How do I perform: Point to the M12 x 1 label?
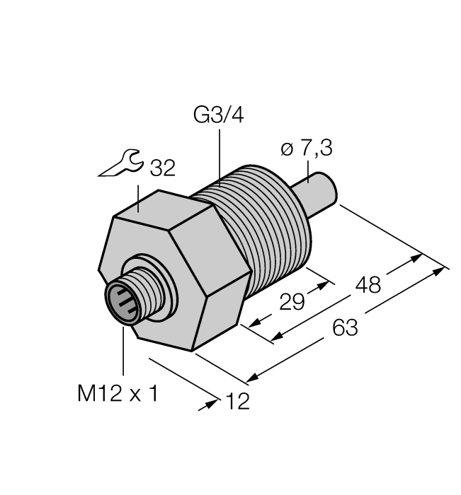click(118, 394)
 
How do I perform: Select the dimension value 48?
click(368, 285)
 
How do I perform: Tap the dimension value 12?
click(237, 402)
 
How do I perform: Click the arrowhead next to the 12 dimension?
click(212, 405)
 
